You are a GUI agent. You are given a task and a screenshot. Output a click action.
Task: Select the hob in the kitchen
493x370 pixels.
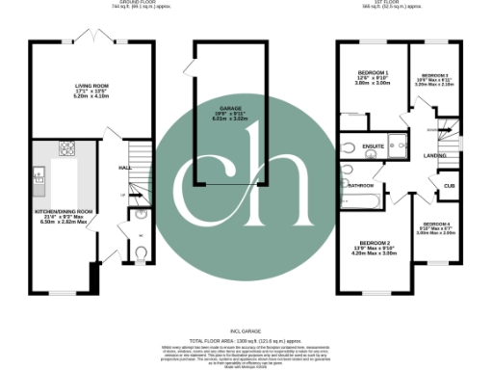point(68,148)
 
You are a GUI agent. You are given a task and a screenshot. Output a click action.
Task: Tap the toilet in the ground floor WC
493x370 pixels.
point(140,254)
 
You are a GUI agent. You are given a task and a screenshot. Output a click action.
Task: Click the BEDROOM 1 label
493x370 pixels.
point(372,74)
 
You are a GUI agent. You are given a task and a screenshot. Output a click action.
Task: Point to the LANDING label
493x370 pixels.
point(434,155)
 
